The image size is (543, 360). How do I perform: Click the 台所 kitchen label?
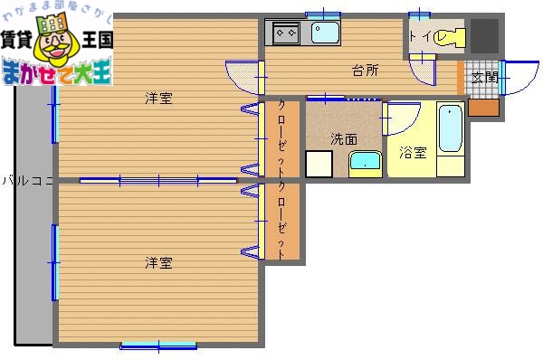pos(365,71)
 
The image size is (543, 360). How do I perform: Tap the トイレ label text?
pos(423,37)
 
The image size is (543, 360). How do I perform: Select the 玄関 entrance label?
pos(484,78)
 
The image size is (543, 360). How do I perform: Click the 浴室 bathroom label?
pos(413,153)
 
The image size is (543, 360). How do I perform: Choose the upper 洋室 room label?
pos(158,99)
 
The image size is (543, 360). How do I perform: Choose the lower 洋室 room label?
pos(158,263)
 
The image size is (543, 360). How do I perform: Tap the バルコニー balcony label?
pos(27,180)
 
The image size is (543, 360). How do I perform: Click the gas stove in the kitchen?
pos(288,33)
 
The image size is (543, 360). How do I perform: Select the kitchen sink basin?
pos(325,33)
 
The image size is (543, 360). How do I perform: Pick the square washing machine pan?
pos(319,164)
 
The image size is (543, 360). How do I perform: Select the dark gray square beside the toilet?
pos(485,35)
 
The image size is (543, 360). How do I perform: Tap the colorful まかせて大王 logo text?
pos(56,72)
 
